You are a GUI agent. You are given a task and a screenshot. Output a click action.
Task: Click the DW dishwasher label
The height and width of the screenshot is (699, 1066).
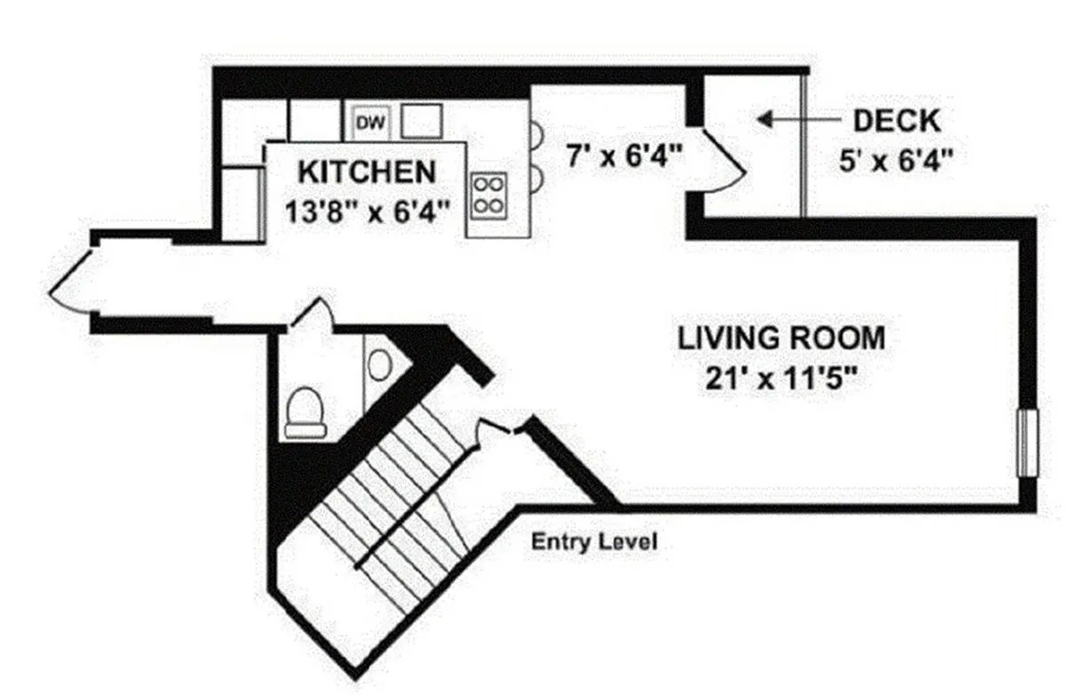click(370, 123)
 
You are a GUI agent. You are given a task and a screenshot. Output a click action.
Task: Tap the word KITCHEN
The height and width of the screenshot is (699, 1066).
click(366, 170)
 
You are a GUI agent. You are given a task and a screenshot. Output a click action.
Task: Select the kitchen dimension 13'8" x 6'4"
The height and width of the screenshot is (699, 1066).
click(367, 211)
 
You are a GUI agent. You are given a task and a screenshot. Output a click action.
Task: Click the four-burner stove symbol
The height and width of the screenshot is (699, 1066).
click(487, 195)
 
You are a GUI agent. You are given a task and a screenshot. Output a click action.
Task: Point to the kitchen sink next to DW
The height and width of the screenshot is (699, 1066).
click(421, 121)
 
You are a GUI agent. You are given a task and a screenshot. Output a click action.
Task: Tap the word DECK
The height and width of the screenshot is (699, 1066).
click(895, 120)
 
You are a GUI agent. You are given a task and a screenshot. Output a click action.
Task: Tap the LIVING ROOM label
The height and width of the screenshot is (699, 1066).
click(782, 338)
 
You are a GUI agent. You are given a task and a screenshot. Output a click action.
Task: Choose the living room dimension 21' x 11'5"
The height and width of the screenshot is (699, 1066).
click(782, 378)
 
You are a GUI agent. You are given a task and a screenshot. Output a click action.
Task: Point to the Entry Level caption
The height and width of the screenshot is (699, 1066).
click(594, 541)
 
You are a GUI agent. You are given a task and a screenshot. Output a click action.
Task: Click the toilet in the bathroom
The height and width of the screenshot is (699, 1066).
click(304, 412)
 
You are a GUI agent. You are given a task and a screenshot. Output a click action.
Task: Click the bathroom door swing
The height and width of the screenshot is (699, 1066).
click(311, 315)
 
